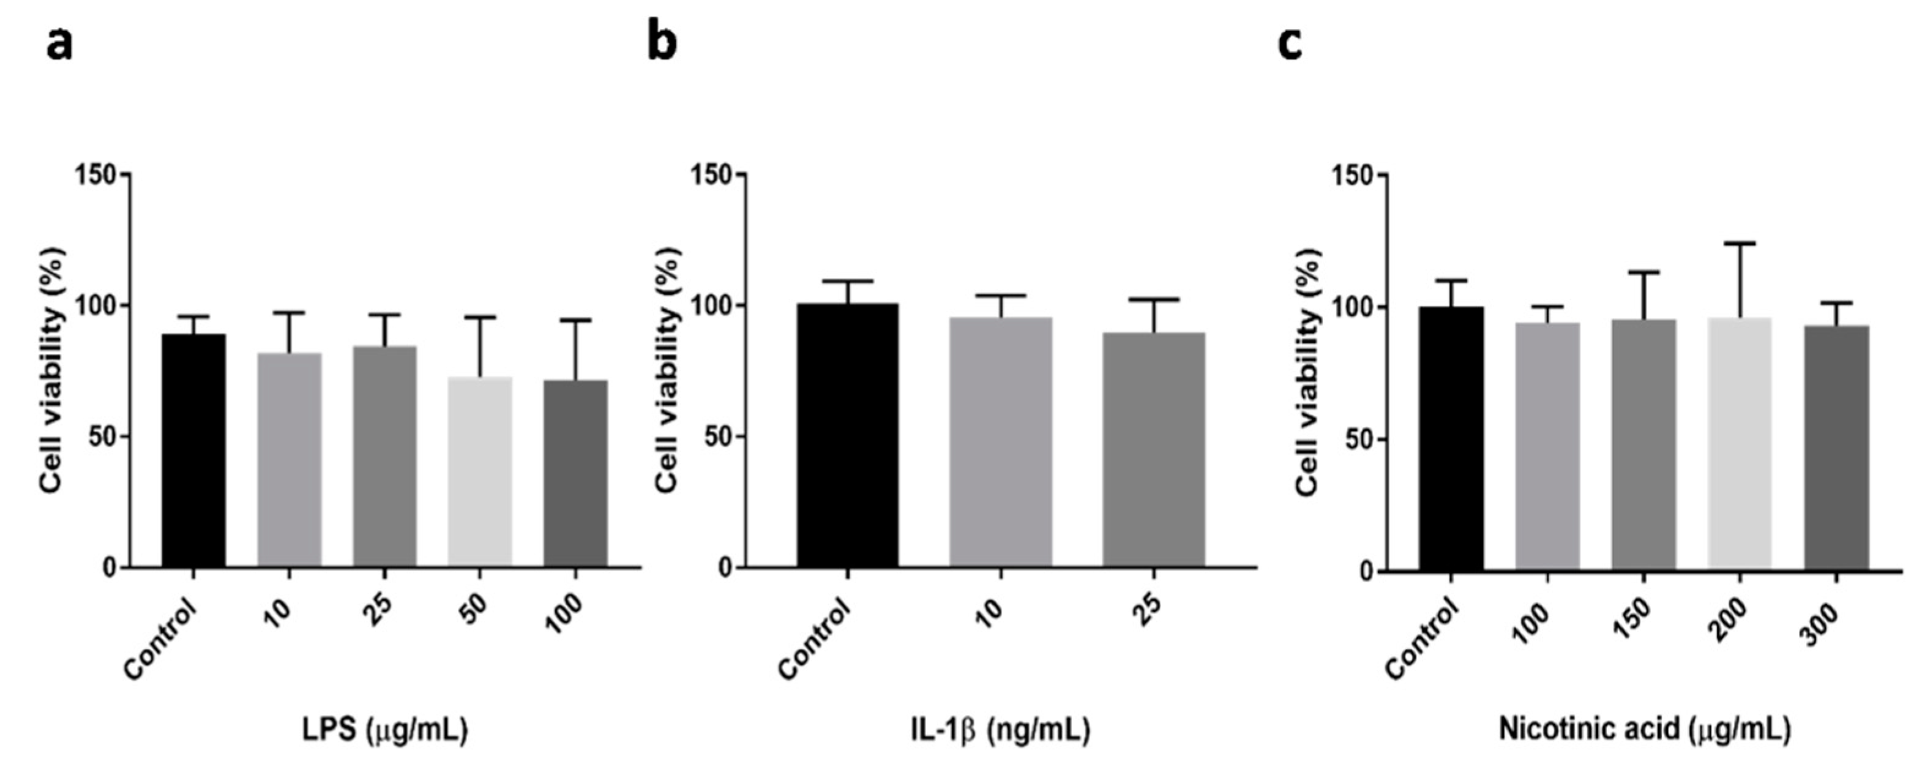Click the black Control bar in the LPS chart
coord(194,451)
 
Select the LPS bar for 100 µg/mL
coord(575,474)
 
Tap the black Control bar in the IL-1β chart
coord(848,436)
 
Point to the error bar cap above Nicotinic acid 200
coord(1740,243)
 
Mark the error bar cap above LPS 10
coord(289,313)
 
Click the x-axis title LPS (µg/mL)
coord(385,730)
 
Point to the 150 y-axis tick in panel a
coord(95,174)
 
